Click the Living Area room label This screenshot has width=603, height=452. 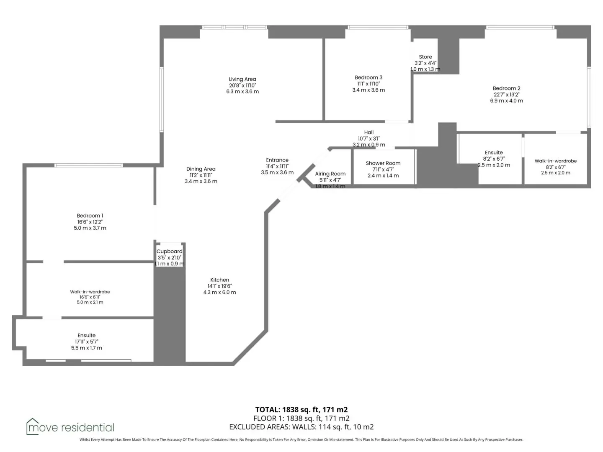click(x=242, y=79)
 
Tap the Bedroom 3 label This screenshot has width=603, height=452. click(x=368, y=77)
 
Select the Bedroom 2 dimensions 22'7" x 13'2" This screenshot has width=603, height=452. click(x=506, y=95)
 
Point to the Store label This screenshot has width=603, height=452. click(x=425, y=57)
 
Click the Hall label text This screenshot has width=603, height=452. click(x=368, y=132)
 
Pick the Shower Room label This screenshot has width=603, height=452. click(x=383, y=163)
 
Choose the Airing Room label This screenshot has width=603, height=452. click(x=330, y=174)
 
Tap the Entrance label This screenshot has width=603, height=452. click(x=277, y=160)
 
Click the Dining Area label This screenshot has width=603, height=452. click(x=201, y=169)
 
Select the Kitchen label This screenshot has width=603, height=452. click(x=219, y=280)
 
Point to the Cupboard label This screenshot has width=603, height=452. click(x=169, y=252)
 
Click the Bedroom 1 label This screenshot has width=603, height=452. click(x=90, y=216)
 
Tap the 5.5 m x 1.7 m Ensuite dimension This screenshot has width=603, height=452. click(x=87, y=348)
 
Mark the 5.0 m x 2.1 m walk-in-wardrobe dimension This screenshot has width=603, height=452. click(x=90, y=302)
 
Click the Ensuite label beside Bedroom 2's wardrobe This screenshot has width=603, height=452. click(x=493, y=153)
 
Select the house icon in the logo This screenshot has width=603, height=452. click(x=32, y=426)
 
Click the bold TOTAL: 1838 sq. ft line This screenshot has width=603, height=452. click(x=301, y=409)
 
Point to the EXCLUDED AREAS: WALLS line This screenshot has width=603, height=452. click(x=301, y=427)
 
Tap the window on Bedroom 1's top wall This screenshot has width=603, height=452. click(x=88, y=165)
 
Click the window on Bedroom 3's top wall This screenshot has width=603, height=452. click(x=378, y=27)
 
